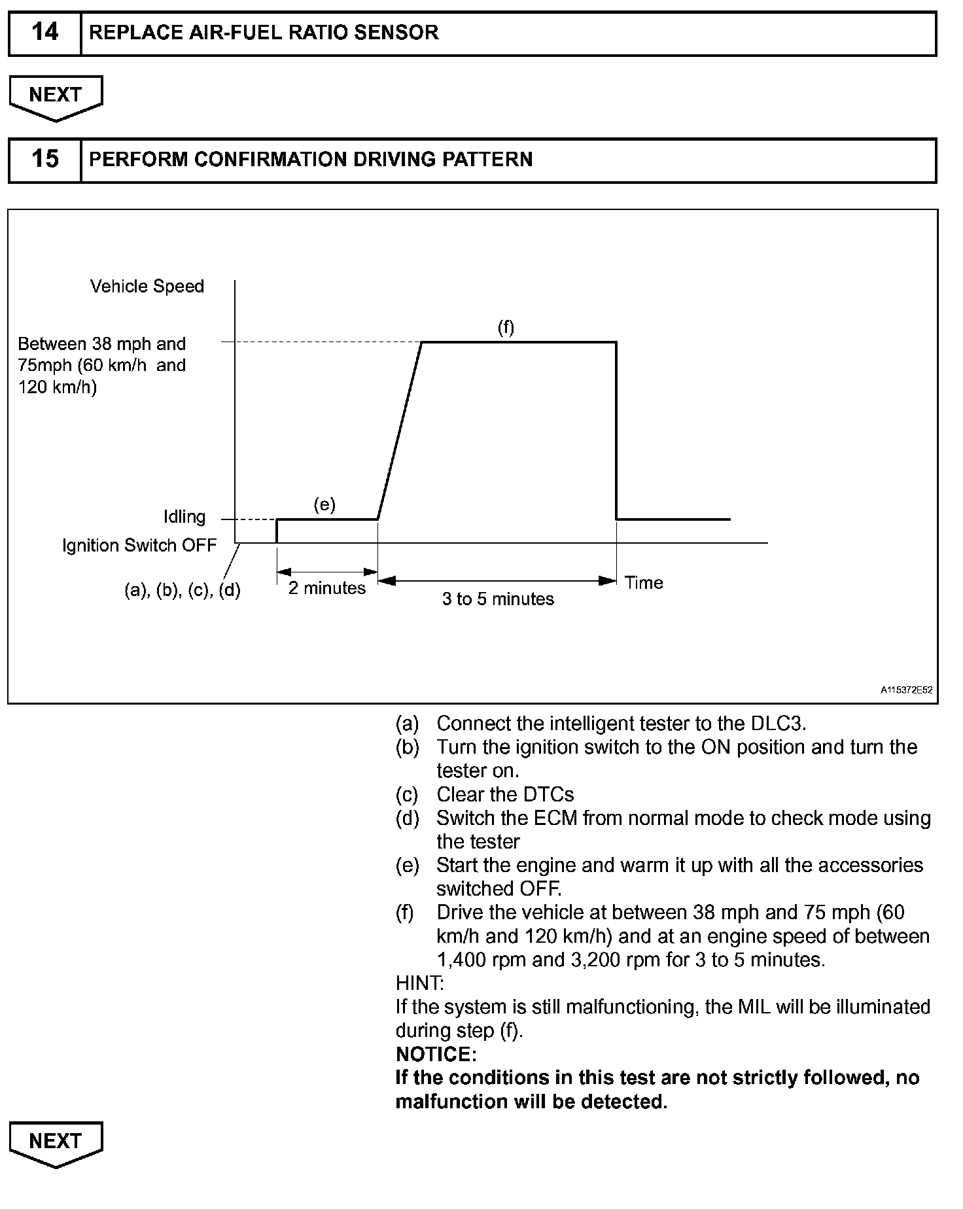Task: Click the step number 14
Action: (x=44, y=32)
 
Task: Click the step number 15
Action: (x=44, y=159)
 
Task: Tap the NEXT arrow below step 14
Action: (x=56, y=96)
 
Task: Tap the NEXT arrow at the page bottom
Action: (x=56, y=1142)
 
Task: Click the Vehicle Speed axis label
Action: (x=147, y=287)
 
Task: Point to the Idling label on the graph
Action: (x=184, y=517)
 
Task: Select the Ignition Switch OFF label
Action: (x=139, y=546)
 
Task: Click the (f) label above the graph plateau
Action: (x=506, y=327)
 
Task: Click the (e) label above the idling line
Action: (x=324, y=504)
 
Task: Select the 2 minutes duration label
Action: (x=327, y=588)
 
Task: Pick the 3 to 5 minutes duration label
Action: (x=498, y=599)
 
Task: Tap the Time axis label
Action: (x=644, y=583)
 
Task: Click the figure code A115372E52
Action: (x=906, y=690)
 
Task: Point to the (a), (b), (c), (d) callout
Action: (x=183, y=591)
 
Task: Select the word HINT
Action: (x=419, y=983)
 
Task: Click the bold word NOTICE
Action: (x=436, y=1054)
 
